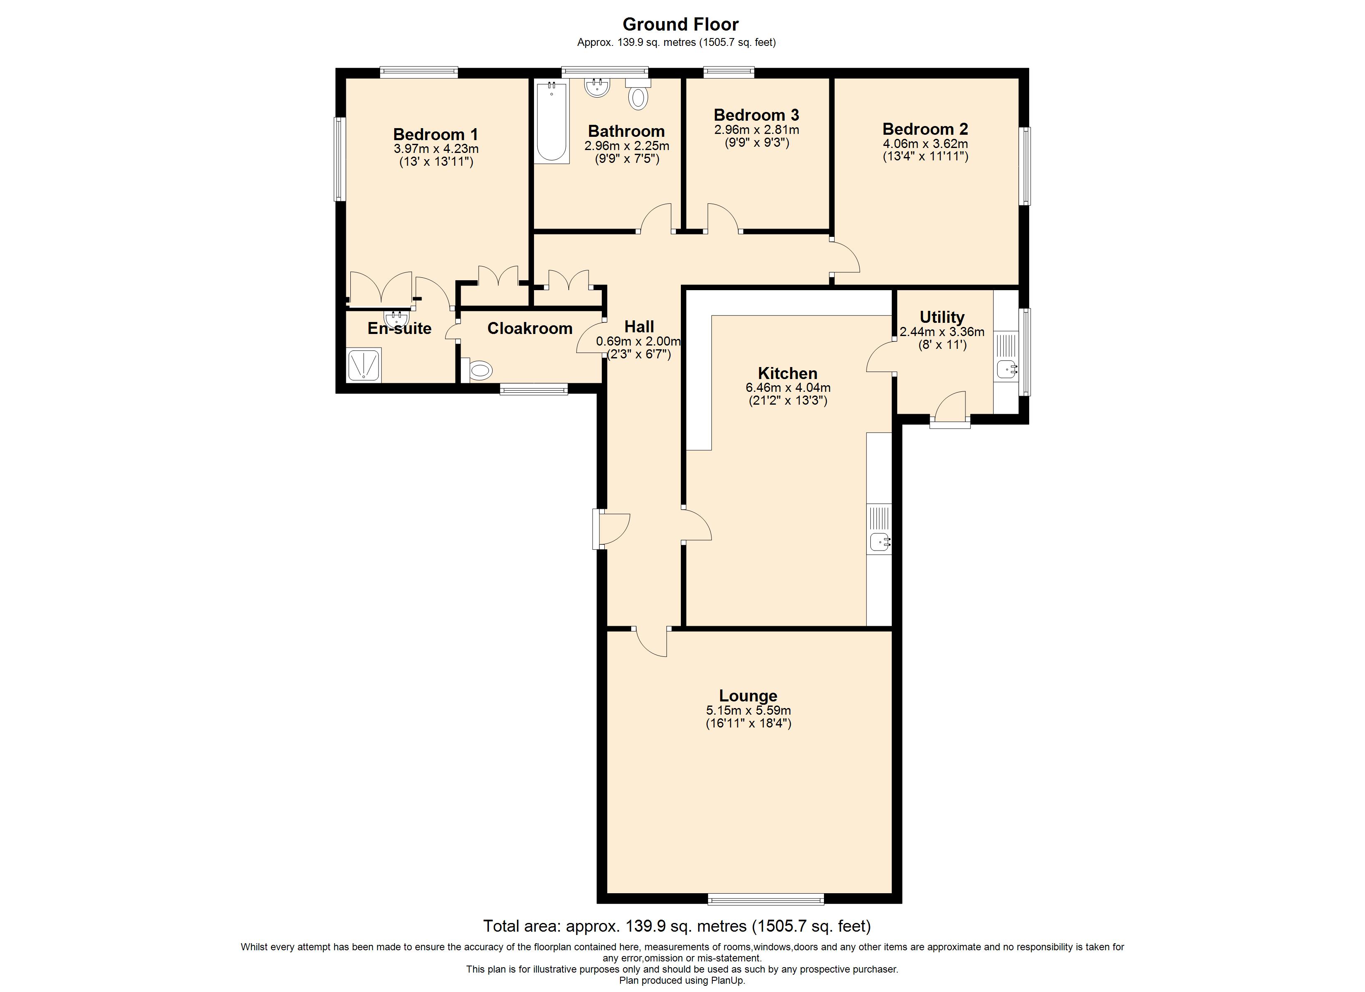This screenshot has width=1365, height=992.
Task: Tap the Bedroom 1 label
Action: pos(435,134)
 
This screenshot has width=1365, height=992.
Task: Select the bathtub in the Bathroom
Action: pos(552,123)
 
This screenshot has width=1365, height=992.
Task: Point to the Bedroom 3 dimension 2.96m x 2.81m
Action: pos(757,130)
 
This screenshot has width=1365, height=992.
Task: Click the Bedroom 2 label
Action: pos(925,129)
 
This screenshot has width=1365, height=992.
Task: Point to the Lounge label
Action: pos(748,696)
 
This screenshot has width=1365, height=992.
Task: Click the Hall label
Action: pos(639,327)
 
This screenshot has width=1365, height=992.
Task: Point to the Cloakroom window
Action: pos(533,390)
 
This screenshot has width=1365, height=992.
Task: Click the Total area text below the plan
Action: pos(676,926)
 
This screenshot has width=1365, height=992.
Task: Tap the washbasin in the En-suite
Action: pos(396,319)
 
